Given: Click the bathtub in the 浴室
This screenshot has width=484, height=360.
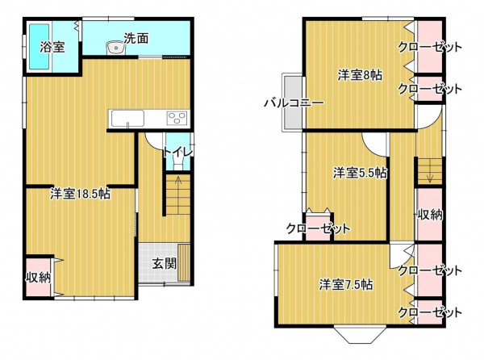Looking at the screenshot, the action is coord(40,47).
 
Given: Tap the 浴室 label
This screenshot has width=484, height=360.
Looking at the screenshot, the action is coord(52,48).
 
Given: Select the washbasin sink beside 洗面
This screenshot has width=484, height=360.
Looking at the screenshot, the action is coord(116,48).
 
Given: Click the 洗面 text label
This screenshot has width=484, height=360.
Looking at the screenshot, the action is coord(136,38).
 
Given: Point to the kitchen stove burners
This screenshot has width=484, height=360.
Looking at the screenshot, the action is coord(177,118).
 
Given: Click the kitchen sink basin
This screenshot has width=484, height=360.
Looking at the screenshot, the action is coord(127,118).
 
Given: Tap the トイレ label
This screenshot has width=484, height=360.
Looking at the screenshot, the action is coord(178,152).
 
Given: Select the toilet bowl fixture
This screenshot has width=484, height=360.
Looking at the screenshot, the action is coord(178,162).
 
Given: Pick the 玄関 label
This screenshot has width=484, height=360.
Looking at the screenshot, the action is coord(165,263).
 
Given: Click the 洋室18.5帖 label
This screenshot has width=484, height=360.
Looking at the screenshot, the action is coord(80,194).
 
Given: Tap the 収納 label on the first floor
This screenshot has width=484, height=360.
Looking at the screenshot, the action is coord(38,277).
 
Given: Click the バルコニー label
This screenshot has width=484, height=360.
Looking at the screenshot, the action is coord(294,103).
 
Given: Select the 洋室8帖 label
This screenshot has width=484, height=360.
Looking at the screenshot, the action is coord(360,75).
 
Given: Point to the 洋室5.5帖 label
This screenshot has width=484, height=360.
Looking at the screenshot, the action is coord(360,173).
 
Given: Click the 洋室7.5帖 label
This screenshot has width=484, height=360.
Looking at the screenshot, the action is coord(346,284).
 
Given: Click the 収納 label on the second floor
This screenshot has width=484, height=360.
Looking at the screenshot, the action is coord(430,215).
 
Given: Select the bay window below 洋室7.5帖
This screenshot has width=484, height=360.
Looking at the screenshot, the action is coord(361,334).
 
